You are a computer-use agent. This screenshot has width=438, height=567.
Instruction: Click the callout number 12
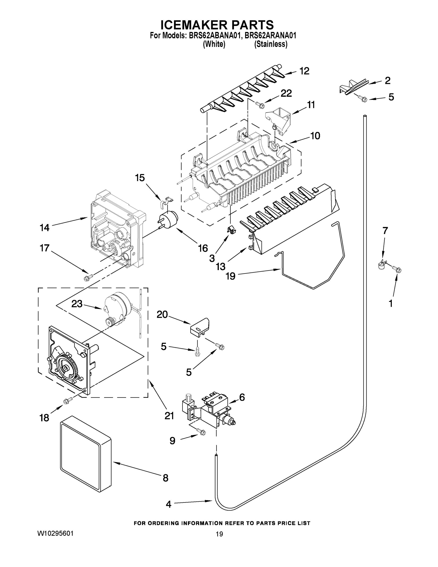[304, 71]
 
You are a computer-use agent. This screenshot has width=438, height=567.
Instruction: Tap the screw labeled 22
[260, 105]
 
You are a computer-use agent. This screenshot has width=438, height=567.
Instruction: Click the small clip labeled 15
[166, 201]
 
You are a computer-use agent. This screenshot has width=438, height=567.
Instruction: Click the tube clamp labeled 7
[381, 265]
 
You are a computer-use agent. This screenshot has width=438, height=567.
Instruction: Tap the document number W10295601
[55, 533]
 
